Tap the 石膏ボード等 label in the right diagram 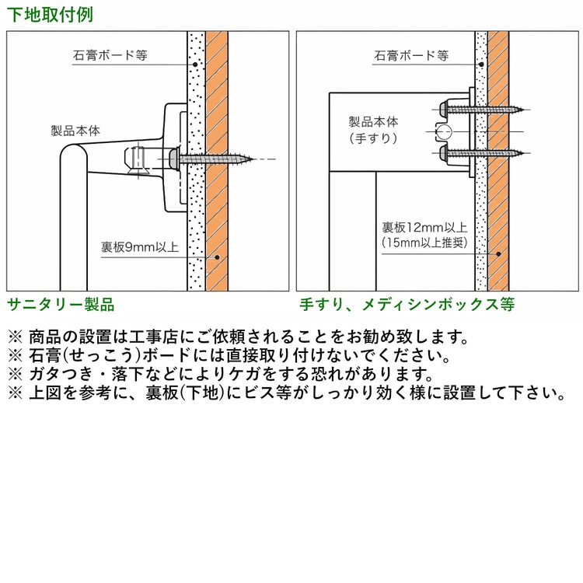click(411, 56)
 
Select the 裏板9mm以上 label click(140, 248)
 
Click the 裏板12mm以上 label click(424, 228)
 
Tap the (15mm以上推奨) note click(424, 243)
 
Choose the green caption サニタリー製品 click(61, 304)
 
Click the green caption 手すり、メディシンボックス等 click(407, 304)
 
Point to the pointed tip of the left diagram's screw click(253, 159)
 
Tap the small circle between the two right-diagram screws click(443, 131)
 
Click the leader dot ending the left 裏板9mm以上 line click(218, 257)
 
